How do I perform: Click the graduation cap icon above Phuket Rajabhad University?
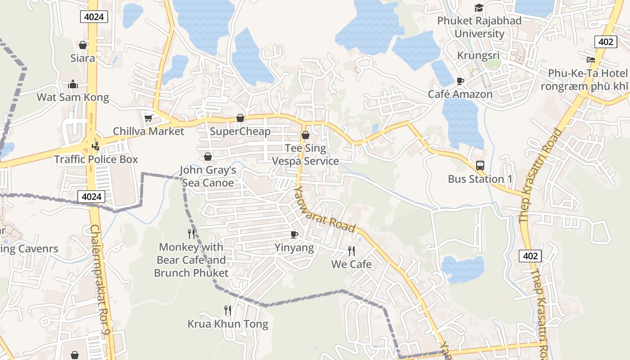479,8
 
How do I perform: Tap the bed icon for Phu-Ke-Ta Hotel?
591,59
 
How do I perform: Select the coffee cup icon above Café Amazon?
460,81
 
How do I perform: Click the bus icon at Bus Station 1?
480,165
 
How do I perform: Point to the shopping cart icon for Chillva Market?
148,118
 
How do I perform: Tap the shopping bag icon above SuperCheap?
240,118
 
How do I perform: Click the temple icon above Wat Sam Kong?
73,84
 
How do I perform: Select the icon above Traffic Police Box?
95,146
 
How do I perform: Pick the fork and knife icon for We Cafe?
351,251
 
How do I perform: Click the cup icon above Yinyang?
294,234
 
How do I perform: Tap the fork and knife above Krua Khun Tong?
228,310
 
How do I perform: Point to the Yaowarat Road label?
324,210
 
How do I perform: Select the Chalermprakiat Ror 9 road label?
100,279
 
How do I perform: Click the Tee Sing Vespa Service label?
306,154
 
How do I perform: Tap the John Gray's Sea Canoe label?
208,176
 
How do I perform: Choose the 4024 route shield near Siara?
94,17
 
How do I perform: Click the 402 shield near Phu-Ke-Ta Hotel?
605,42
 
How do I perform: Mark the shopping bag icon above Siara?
83,45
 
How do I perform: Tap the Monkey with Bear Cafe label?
191,260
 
